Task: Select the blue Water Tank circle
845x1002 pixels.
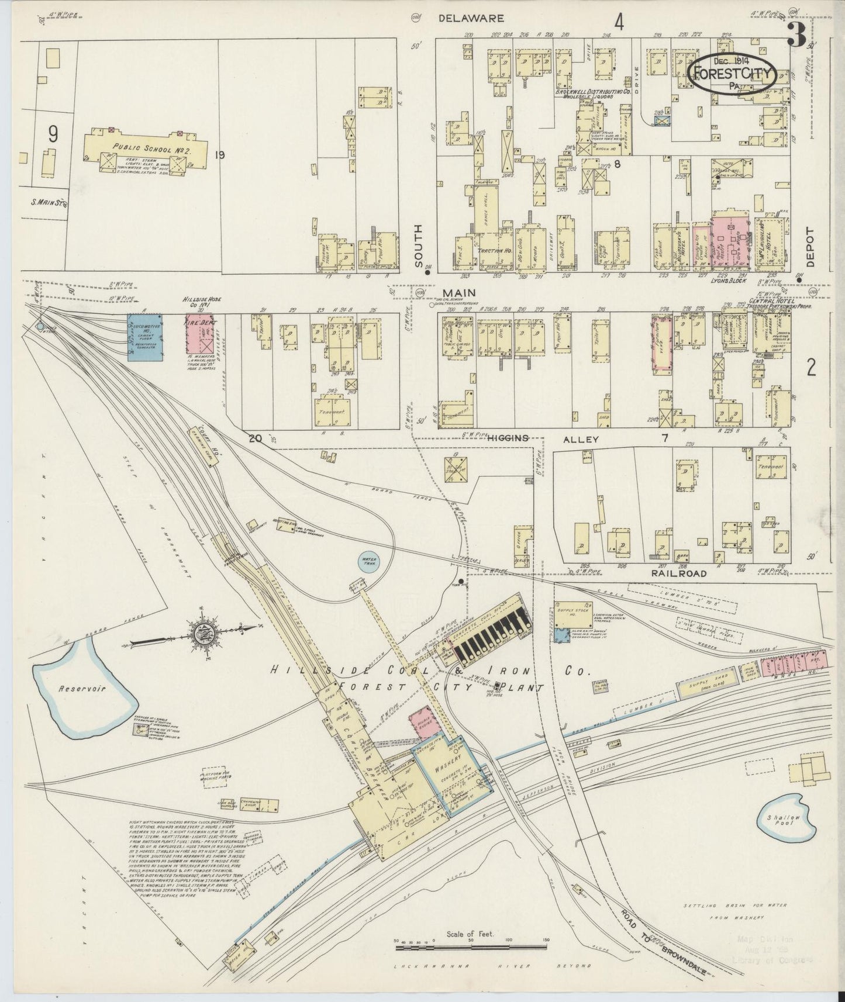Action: point(369,562)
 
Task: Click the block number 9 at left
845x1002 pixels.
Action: point(53,134)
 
